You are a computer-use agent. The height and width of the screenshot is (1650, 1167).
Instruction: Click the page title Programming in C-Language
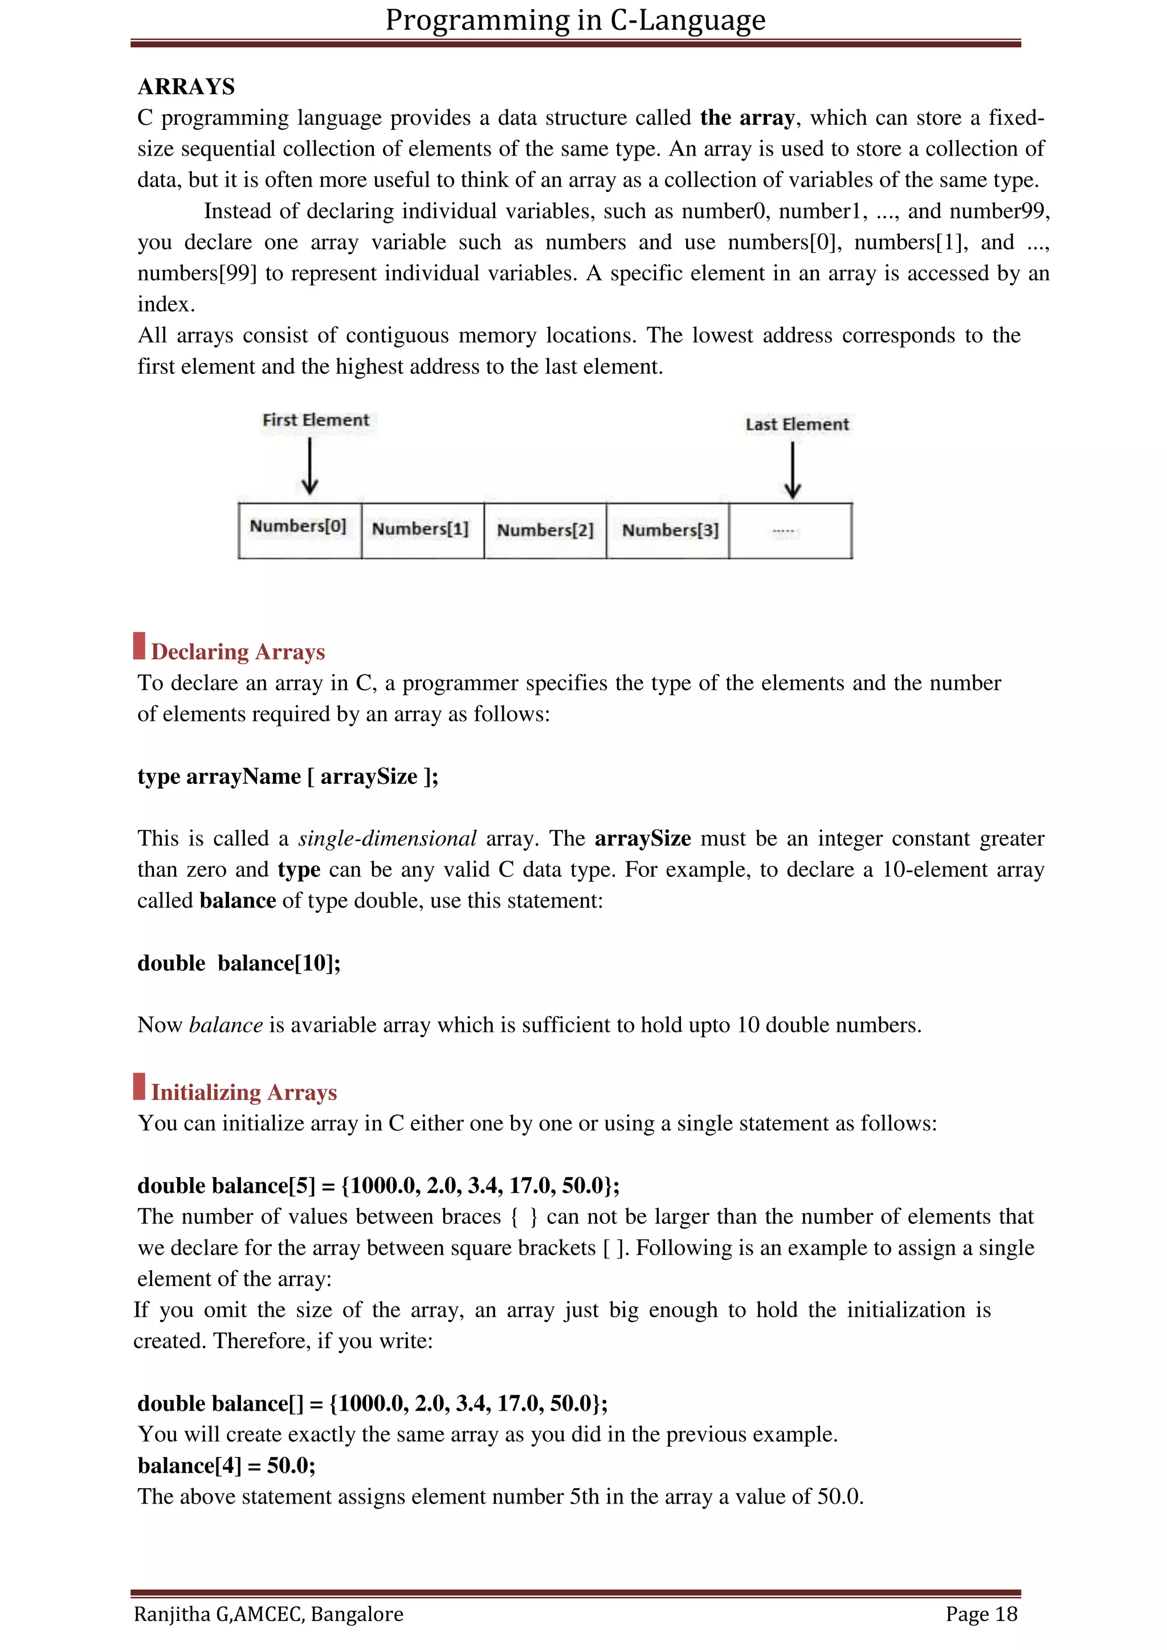tap(575, 20)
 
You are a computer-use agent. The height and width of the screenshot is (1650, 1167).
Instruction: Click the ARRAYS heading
tap(186, 87)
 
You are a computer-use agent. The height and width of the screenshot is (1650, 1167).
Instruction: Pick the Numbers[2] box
tap(545, 530)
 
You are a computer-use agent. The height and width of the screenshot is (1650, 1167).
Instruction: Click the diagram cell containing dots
tap(790, 530)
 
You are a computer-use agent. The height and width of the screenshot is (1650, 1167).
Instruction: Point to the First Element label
tap(316, 420)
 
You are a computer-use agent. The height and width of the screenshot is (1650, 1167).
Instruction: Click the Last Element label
tap(797, 424)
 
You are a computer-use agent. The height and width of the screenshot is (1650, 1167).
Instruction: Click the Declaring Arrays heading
tap(238, 652)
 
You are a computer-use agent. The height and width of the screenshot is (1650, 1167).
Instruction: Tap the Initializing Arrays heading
tap(244, 1092)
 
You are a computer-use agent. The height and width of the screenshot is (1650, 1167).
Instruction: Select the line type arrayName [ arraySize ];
tap(287, 777)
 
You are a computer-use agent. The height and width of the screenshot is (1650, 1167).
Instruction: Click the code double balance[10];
tap(239, 963)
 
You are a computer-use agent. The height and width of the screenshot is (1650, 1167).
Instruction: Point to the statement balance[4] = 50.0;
tap(226, 1465)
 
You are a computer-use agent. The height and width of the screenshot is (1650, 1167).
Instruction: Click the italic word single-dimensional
tap(387, 839)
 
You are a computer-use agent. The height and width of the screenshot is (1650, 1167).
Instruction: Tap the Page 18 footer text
tap(981, 1614)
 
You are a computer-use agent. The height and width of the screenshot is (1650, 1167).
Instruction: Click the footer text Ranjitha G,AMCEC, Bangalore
tap(268, 1614)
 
